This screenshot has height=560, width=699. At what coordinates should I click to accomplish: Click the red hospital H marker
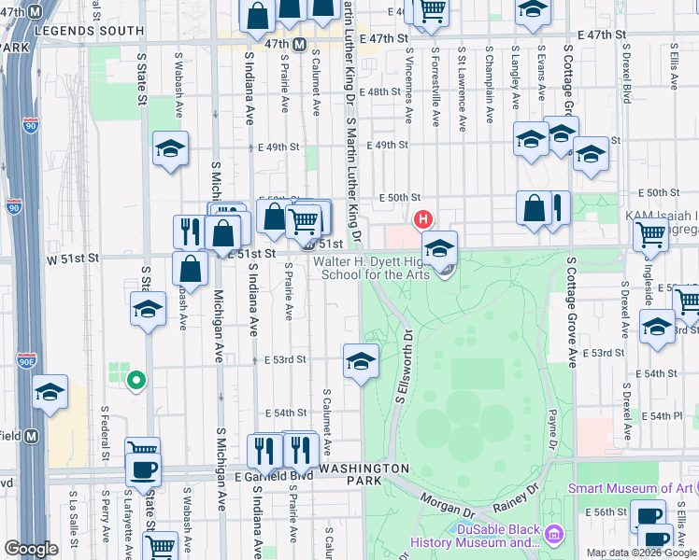422,220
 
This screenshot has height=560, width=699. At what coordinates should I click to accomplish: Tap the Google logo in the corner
31,549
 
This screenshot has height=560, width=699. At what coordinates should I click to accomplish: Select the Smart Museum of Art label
632,488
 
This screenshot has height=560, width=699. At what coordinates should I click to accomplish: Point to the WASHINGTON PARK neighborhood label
364,474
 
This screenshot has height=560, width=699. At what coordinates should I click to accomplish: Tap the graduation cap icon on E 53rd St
361,359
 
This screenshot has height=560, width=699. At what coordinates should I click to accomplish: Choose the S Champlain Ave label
489,81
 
